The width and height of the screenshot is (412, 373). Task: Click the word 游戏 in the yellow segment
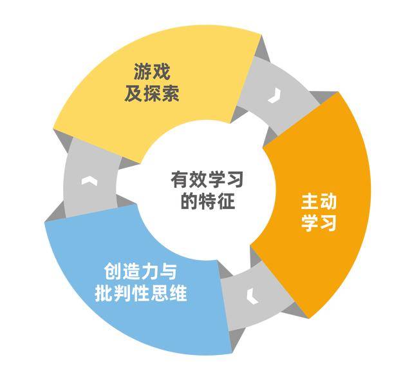(152, 72)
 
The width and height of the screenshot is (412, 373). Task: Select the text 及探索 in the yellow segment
(152, 93)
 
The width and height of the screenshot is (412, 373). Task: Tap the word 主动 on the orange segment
(319, 201)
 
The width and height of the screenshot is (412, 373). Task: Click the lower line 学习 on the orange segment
(319, 223)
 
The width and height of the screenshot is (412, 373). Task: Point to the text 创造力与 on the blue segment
(140, 272)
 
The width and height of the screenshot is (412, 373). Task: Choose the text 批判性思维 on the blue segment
(141, 293)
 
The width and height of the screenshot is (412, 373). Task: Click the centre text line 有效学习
(207, 179)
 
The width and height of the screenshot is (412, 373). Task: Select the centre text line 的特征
(207, 201)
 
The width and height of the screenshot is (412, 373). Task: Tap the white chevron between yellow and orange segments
(275, 96)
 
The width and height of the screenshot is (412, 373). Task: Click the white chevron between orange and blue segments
(253, 296)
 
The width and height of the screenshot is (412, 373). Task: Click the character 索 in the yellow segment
(171, 93)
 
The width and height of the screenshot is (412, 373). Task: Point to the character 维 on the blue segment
(178, 293)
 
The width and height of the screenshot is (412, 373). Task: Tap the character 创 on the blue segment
(113, 272)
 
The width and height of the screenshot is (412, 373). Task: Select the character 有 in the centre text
(180, 179)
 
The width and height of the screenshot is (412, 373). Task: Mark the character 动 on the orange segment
(328, 201)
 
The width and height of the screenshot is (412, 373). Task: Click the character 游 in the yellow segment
(143, 72)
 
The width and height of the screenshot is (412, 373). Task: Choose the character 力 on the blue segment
(150, 272)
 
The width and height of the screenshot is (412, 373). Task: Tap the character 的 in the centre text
(189, 201)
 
